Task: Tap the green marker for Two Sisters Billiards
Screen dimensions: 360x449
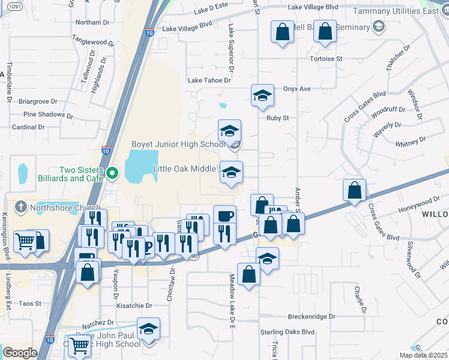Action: (112, 174)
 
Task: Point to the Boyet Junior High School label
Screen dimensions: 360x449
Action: (178, 145)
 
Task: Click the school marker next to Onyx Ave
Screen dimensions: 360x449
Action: (262, 96)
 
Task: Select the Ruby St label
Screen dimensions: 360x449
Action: (278, 118)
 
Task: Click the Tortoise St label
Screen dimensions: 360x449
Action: (326, 59)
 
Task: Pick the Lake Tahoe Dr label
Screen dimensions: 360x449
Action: (209, 80)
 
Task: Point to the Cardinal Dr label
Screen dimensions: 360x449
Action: (29, 127)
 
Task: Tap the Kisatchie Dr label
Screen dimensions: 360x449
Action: (134, 306)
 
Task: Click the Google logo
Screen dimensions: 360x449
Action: (20, 353)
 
